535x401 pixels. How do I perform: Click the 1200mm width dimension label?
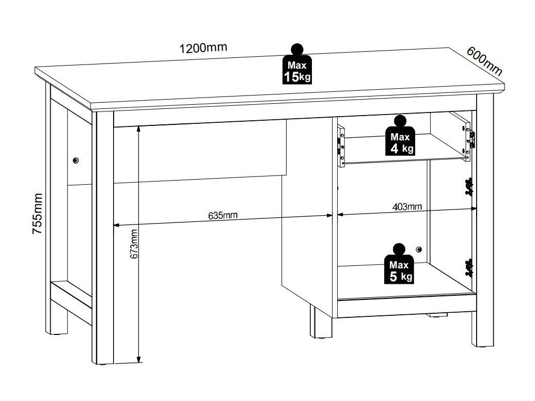click(203, 47)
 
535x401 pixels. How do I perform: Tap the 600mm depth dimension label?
click(484, 61)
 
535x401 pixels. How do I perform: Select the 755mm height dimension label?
click(37, 214)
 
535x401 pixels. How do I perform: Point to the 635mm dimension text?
click(223, 216)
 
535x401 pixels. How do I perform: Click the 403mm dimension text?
click(407, 206)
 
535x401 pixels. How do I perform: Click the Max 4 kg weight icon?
click(400, 136)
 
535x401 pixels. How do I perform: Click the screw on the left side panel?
click(75, 160)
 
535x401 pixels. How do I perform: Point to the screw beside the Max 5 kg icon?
click(419, 250)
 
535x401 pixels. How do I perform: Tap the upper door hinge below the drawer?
click(469, 187)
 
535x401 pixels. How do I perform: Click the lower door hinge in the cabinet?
click(469, 268)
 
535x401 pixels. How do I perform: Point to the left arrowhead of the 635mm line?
click(116, 225)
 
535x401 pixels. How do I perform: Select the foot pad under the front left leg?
click(103, 364)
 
